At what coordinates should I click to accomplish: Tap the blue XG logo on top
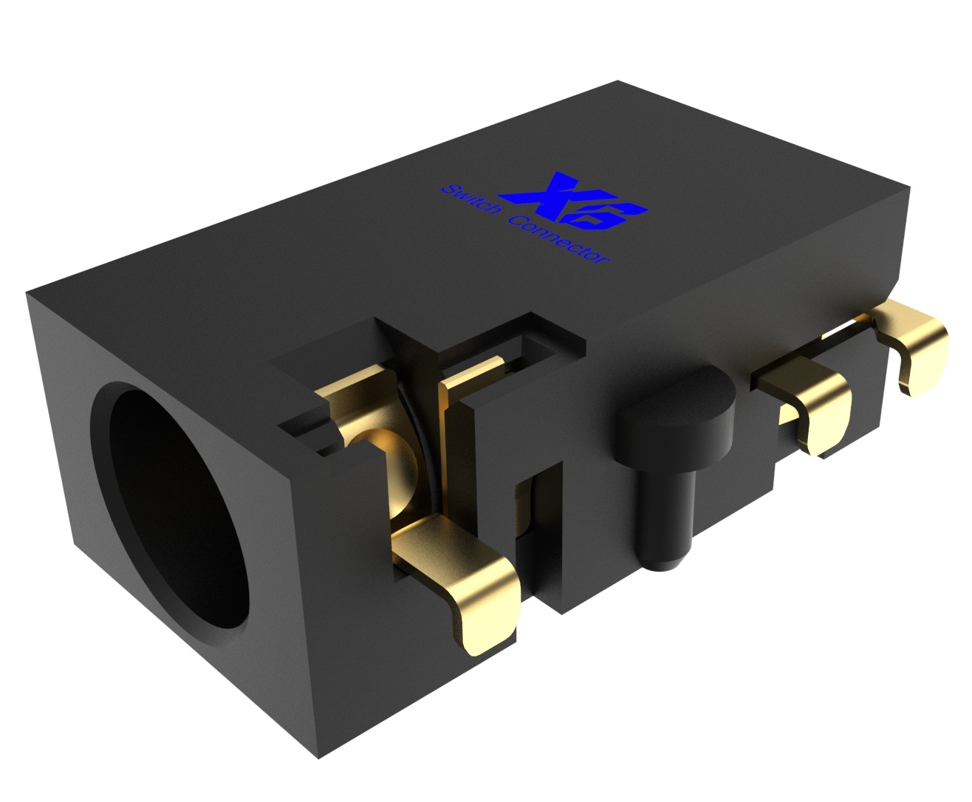coord(572,201)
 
